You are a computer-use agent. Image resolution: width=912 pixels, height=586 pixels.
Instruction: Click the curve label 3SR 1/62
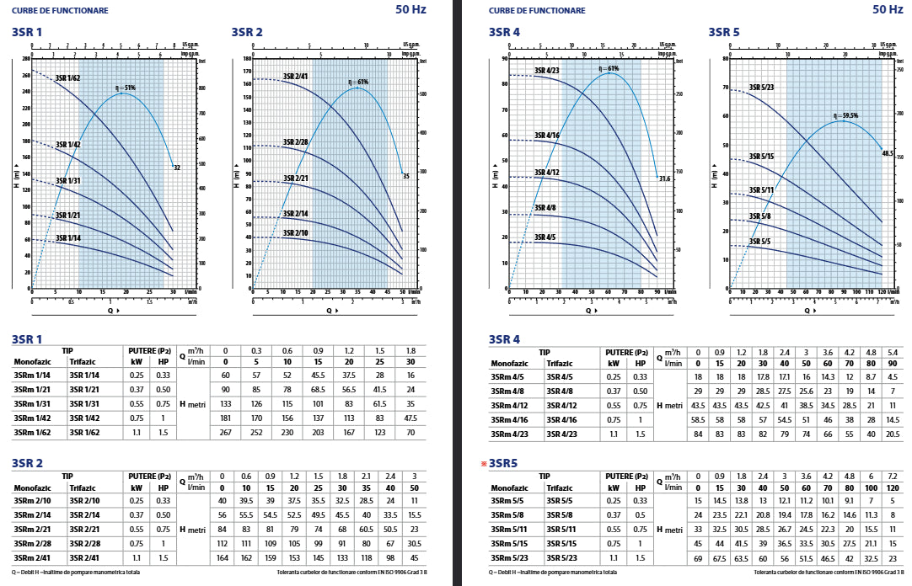[x=68, y=78]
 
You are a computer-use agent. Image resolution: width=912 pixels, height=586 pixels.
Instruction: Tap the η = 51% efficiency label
[x=125, y=88]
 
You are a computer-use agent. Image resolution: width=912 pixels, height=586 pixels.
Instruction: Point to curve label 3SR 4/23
[x=547, y=71]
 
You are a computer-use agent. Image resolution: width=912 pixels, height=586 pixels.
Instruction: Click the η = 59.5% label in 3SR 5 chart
[x=845, y=115]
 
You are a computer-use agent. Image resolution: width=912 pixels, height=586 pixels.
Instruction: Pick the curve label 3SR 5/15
[x=761, y=157]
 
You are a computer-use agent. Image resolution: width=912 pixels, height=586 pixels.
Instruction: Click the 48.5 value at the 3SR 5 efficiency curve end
[x=888, y=153]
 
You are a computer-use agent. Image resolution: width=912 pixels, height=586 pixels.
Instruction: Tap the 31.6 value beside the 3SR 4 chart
[x=664, y=178]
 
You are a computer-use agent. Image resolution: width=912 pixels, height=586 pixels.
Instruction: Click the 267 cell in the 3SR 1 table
[x=226, y=433]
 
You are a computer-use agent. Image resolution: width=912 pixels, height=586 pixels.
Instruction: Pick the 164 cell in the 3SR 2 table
[x=223, y=558]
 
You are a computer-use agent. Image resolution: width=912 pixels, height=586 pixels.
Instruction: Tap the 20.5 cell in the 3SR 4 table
[x=893, y=434]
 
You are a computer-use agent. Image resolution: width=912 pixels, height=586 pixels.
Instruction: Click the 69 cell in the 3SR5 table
[x=698, y=558]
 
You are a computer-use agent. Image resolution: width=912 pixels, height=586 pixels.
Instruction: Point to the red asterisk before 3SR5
[x=484, y=464]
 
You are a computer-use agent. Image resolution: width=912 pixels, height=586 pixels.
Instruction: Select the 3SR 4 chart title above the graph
[x=504, y=32]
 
